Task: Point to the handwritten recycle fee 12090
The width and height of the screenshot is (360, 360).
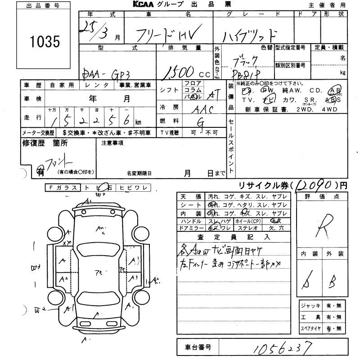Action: (315, 184)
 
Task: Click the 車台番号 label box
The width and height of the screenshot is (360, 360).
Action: (198, 347)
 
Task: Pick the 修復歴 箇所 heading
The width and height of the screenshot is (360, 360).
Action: (45, 143)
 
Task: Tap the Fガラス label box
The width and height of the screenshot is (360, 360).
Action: (63, 188)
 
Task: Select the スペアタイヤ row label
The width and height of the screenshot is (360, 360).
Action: (310, 328)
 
